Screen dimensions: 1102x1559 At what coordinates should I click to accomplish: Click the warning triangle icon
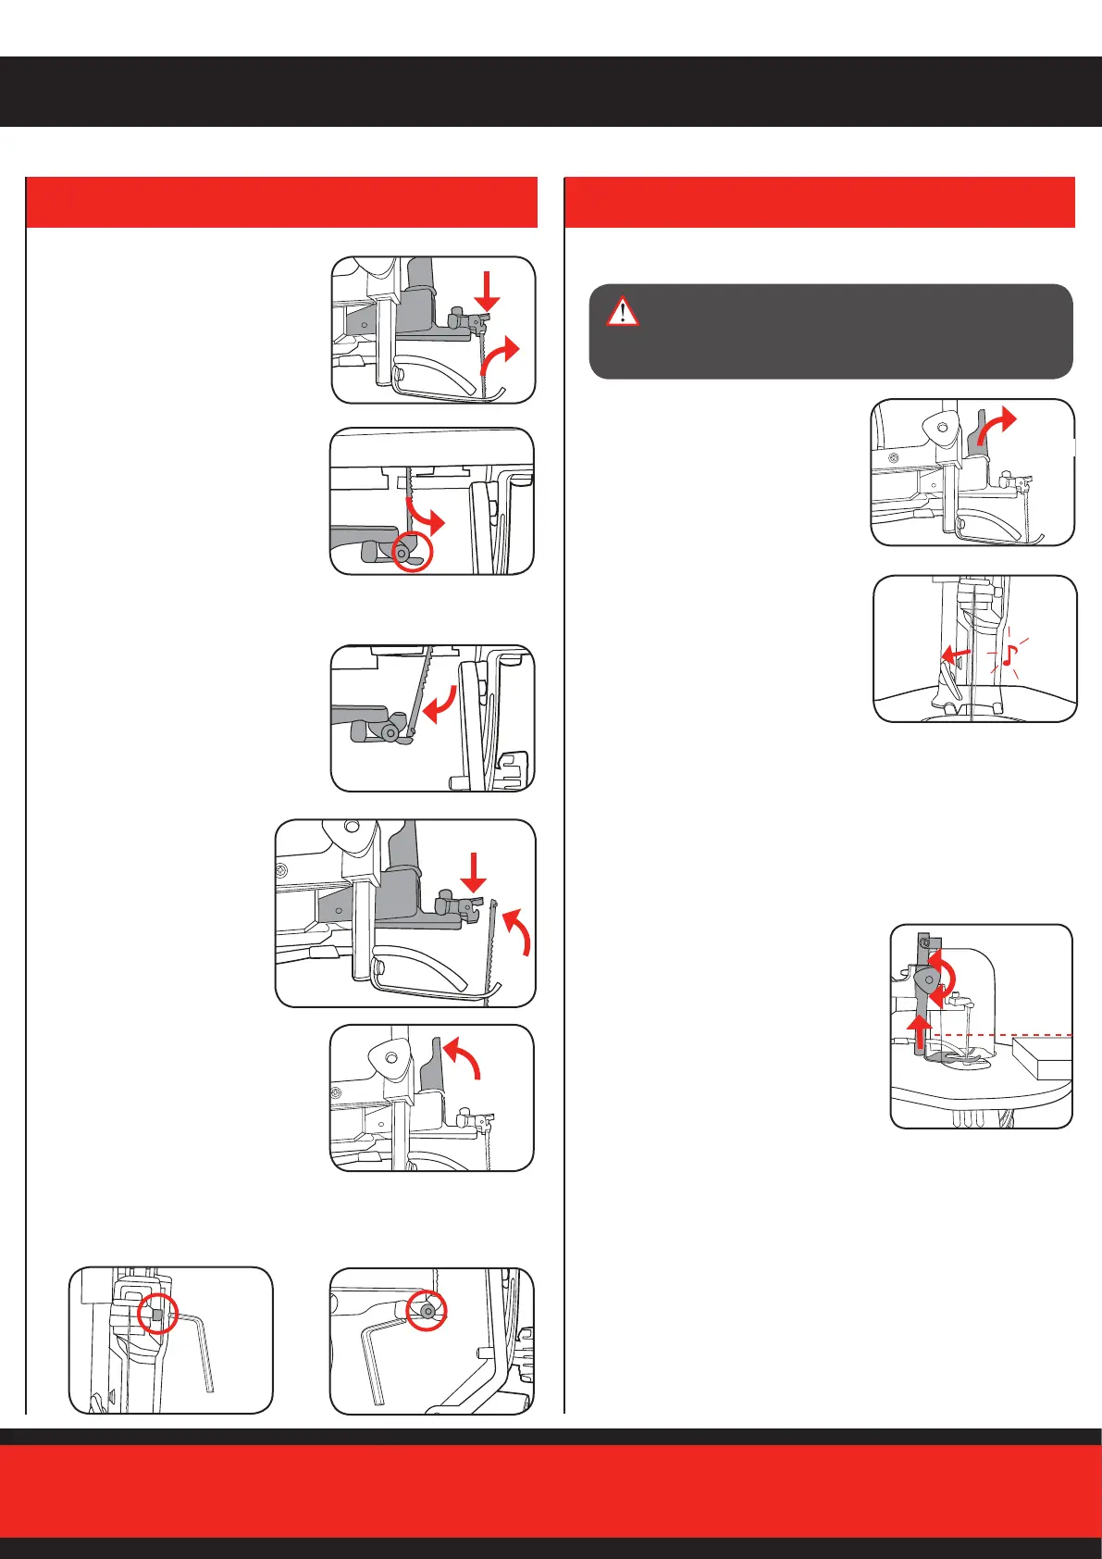(623, 311)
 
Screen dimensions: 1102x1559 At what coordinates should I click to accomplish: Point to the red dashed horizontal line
(999, 1035)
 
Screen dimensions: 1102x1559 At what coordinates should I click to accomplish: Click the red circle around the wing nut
(413, 552)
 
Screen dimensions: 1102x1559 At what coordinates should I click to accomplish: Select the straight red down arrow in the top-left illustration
(488, 290)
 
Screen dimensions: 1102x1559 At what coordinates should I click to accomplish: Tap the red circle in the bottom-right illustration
(428, 1311)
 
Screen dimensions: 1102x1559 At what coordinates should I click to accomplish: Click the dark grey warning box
(830, 331)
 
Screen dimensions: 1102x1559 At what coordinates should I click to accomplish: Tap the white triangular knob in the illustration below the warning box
(941, 428)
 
